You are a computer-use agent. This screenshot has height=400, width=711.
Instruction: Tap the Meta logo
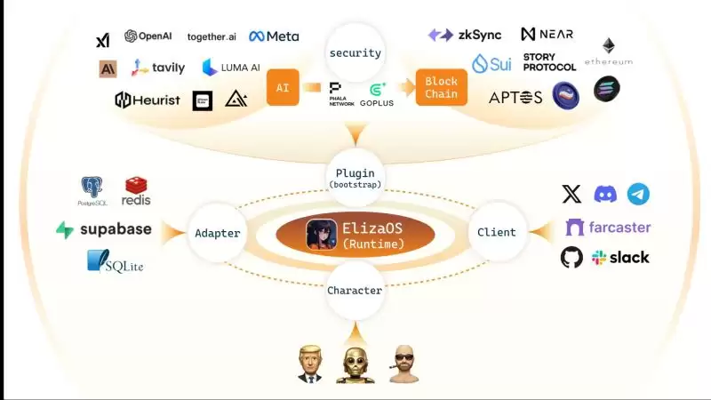point(274,36)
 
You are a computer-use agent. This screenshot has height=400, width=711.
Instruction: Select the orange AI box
point(283,88)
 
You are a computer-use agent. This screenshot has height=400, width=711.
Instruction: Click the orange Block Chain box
point(442,88)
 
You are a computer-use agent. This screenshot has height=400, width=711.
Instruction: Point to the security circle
point(355,52)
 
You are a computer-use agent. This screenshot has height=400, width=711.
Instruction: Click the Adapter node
point(217,233)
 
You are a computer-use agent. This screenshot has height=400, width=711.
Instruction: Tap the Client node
point(496,233)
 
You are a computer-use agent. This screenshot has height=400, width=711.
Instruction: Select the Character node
point(355,291)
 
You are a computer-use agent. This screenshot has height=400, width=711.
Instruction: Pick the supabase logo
point(104,229)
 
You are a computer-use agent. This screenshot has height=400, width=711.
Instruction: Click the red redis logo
point(136,190)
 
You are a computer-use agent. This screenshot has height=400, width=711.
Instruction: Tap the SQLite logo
point(116,261)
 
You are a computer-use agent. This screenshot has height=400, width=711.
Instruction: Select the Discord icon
point(605,194)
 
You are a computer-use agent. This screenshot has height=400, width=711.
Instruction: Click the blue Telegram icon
point(638,194)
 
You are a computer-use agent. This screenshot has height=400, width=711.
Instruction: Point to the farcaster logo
point(608,227)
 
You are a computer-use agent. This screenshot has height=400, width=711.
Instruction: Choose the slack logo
point(620,257)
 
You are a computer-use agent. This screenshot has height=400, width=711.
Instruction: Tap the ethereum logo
point(609,51)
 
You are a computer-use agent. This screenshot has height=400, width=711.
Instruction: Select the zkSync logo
point(465,35)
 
